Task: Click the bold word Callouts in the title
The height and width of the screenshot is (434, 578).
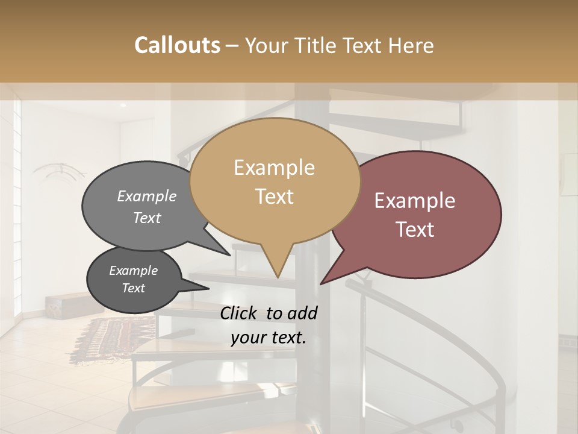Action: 177,45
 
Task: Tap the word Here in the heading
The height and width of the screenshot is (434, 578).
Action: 412,45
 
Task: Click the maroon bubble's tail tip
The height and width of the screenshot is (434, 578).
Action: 322,283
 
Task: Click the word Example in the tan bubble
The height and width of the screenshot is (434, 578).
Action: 274,168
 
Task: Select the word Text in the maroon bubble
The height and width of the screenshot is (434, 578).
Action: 415,230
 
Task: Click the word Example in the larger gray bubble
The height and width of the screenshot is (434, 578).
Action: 146,197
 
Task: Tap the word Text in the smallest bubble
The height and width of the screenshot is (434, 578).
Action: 133,288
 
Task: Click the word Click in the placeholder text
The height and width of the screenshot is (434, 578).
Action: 240,313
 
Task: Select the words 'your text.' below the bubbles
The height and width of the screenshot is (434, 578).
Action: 268,338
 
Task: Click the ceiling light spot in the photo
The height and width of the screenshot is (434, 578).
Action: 123,105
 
